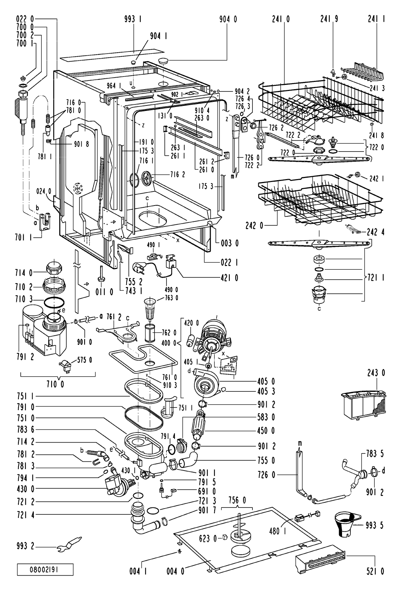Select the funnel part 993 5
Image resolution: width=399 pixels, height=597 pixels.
click(x=347, y=524)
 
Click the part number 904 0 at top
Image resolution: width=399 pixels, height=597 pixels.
click(x=228, y=19)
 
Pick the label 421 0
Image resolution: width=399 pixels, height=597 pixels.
click(x=229, y=278)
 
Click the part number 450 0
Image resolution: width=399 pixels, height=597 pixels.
click(x=266, y=430)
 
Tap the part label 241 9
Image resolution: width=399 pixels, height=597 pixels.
click(x=329, y=19)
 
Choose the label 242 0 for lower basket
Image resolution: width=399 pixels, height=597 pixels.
click(x=254, y=226)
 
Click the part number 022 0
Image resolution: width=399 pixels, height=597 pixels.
click(x=25, y=19)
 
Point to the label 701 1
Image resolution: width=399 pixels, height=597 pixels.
click(x=23, y=237)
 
